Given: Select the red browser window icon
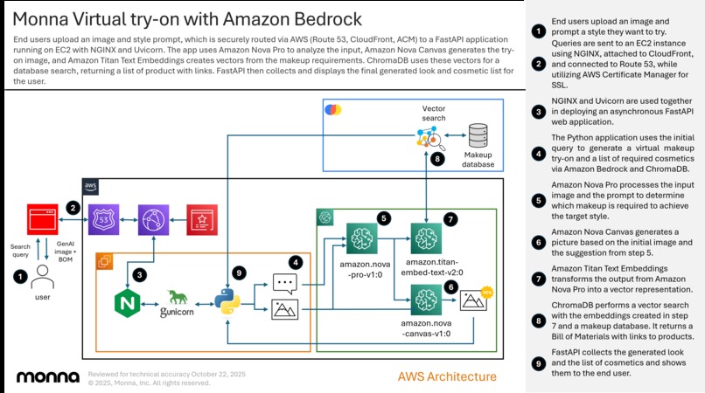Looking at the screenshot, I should (43, 219).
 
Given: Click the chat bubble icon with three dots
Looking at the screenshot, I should (286, 282).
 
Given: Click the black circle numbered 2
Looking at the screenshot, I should (74, 208).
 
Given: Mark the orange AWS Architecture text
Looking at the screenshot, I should (447, 377).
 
